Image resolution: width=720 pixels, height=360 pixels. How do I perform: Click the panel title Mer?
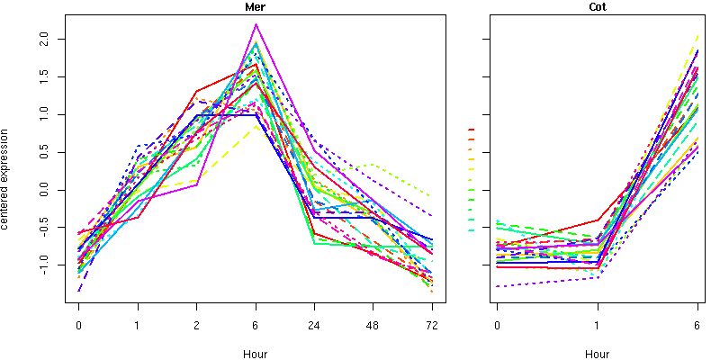pos(256,7)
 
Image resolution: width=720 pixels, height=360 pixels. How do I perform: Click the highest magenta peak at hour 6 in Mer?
pos(256,24)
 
